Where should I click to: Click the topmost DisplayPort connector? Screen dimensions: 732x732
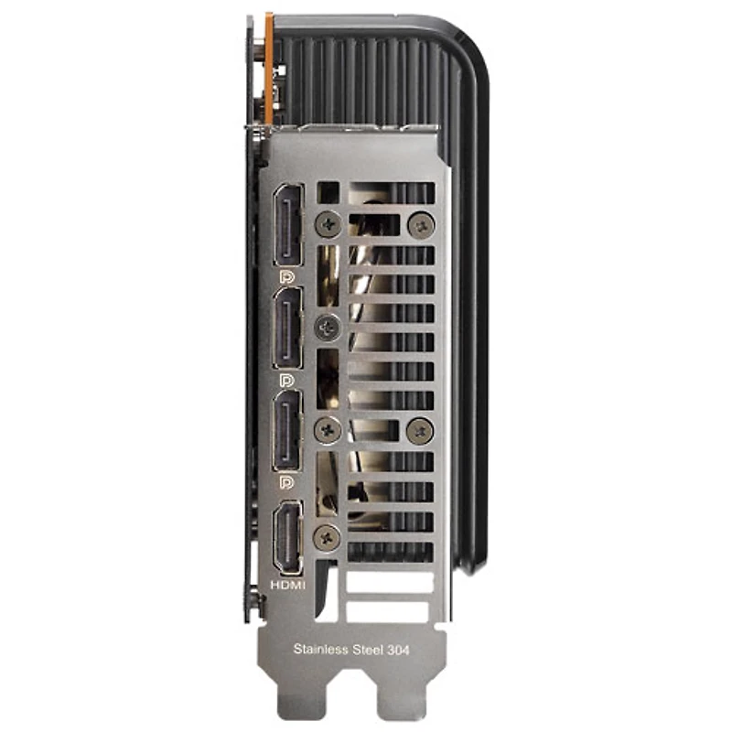[x=288, y=225]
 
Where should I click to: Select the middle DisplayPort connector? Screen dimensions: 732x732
[x=287, y=328]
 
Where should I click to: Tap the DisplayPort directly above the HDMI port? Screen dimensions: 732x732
[x=287, y=430]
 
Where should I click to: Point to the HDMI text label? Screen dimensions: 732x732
[x=288, y=585]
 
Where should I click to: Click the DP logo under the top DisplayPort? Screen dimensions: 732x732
[x=287, y=276]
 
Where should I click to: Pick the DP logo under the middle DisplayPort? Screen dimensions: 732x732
[x=286, y=380]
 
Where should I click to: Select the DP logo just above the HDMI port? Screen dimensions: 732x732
[x=286, y=482]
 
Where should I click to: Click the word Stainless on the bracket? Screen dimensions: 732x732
[x=321, y=649]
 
